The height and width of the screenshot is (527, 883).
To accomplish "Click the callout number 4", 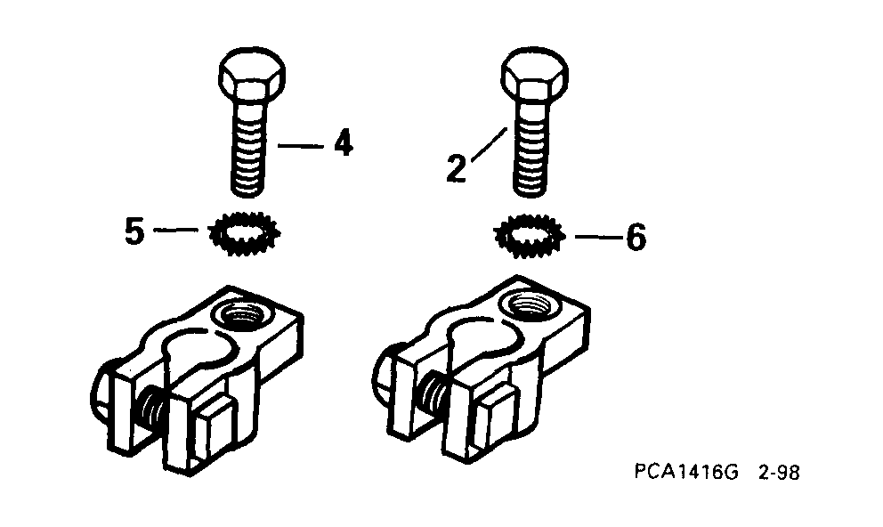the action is (343, 143).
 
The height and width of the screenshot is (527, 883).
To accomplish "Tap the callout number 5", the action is (134, 231).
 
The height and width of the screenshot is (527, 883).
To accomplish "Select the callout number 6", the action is (636, 237).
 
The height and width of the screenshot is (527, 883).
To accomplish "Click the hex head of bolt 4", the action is (252, 76).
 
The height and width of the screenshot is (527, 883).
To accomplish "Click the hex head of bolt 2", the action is (534, 76).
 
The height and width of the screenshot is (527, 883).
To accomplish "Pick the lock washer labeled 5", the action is (245, 232).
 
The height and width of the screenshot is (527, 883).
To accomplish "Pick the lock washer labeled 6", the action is (528, 237).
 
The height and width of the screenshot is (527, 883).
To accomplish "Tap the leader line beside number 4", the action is (301, 146).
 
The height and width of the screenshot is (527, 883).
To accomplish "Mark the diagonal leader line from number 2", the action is (489, 145).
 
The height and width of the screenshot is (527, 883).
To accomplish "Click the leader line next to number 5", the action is (175, 230).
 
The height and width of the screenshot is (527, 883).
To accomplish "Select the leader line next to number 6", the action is (599, 237).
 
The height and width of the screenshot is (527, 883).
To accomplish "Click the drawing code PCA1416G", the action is (686, 471).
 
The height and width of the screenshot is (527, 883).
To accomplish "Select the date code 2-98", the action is (779, 472).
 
